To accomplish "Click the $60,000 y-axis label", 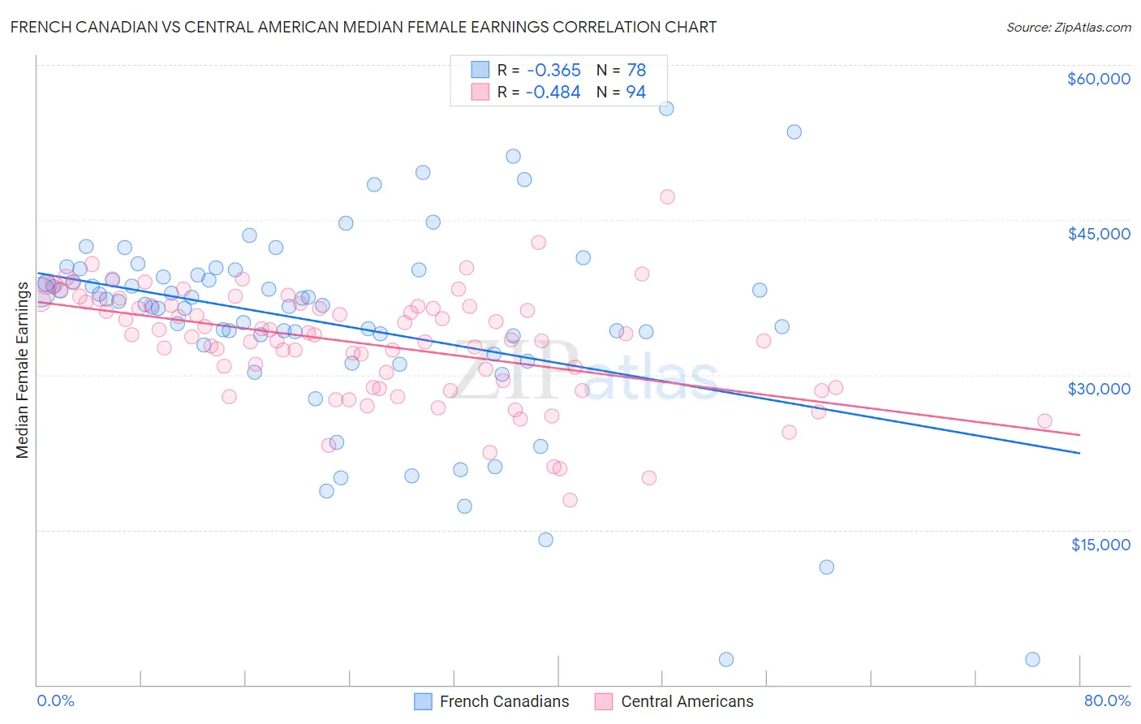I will pos(1098,79).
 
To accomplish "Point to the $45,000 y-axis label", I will pos(1098,234).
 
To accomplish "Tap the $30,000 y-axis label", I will pos(1098,389).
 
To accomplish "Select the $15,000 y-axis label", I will pos(1100,545).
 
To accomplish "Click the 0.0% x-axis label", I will pos(55,700).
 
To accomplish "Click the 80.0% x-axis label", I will pos(1107,700).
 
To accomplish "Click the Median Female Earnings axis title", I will pos(23,369).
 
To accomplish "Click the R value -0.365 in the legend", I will pos(553,71).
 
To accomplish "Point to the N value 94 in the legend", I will pos(635,93).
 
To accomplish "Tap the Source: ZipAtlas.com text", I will pos(1068,27).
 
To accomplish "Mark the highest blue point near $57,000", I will pos(666,109).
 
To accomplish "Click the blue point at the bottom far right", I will pos(1032,659).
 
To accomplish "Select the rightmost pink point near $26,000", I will pos(1044,421).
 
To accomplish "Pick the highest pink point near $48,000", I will pos(667,196).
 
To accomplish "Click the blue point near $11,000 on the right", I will pos(826,567).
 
